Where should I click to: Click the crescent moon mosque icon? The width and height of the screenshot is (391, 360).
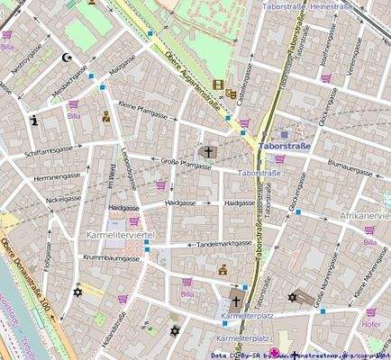(63, 57)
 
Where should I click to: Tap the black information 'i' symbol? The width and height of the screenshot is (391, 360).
(34, 119)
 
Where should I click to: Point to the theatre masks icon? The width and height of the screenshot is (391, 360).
(232, 93)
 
